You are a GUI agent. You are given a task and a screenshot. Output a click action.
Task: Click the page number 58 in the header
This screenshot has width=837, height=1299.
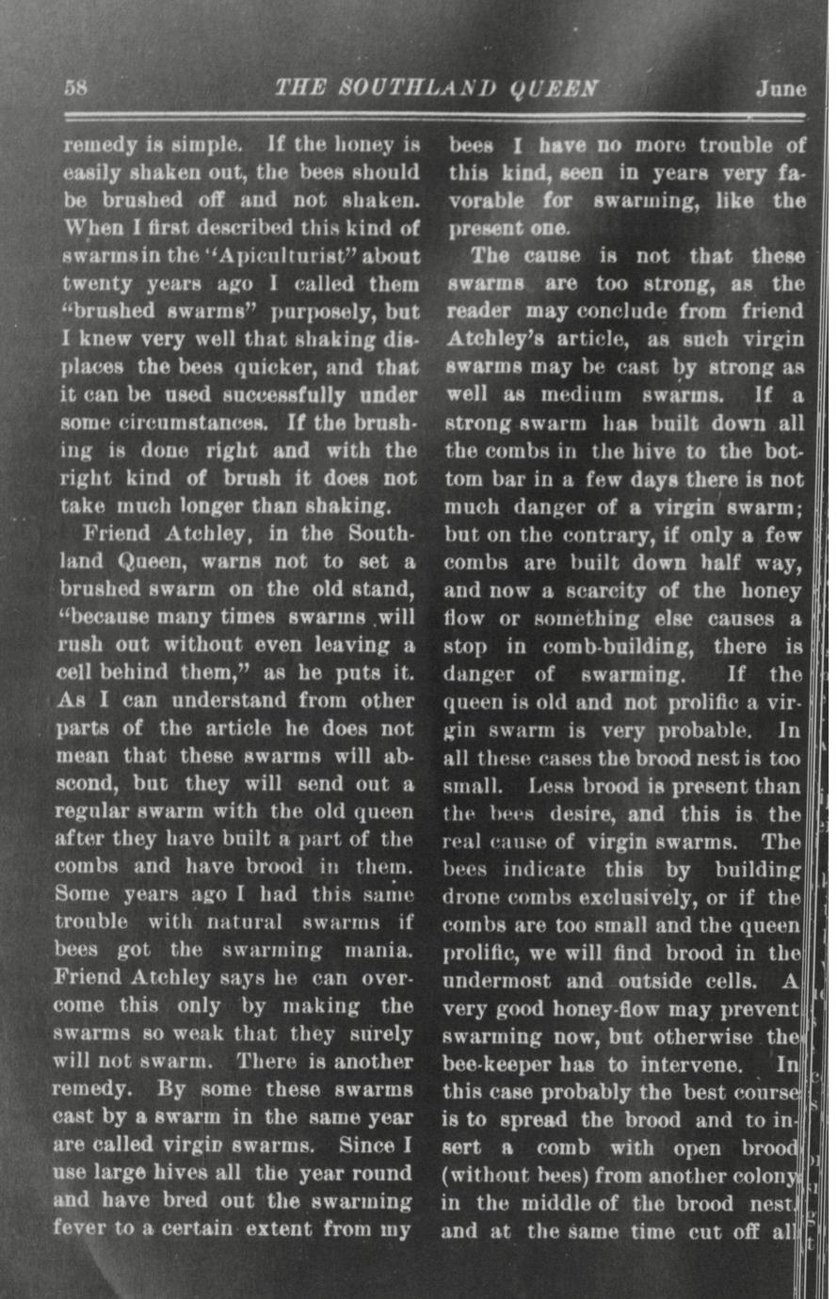pos(75,89)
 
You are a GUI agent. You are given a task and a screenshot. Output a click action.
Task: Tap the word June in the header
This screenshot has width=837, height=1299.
pos(781,89)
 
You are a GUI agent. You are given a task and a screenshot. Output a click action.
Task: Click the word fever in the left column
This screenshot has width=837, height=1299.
pos(83,1229)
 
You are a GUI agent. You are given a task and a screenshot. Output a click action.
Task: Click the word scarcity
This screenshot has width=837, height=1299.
pos(615,591)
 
